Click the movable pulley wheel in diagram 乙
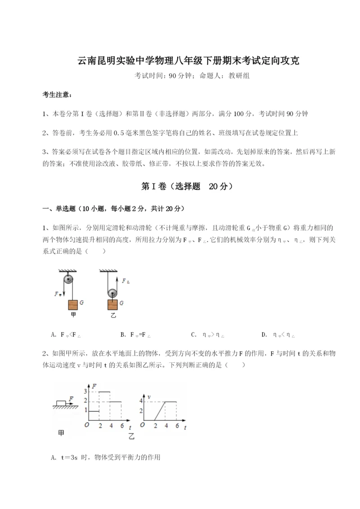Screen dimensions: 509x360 (x=112, y=293)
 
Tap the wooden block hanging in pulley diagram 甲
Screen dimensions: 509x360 (x=72, y=305)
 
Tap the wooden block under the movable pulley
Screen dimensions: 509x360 (x=112, y=305)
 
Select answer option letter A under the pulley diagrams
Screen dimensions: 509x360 (x=54, y=334)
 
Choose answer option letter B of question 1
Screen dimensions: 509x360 (x=123, y=334)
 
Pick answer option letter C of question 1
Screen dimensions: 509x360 (x=193, y=334)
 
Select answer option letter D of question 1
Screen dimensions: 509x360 (x=264, y=334)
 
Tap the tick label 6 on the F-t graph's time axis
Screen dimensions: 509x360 (x=121, y=425)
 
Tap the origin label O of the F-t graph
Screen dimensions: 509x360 (x=86, y=425)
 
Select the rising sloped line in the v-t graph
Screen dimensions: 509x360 (x=160, y=411)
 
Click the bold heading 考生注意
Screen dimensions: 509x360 (x=56, y=95)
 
